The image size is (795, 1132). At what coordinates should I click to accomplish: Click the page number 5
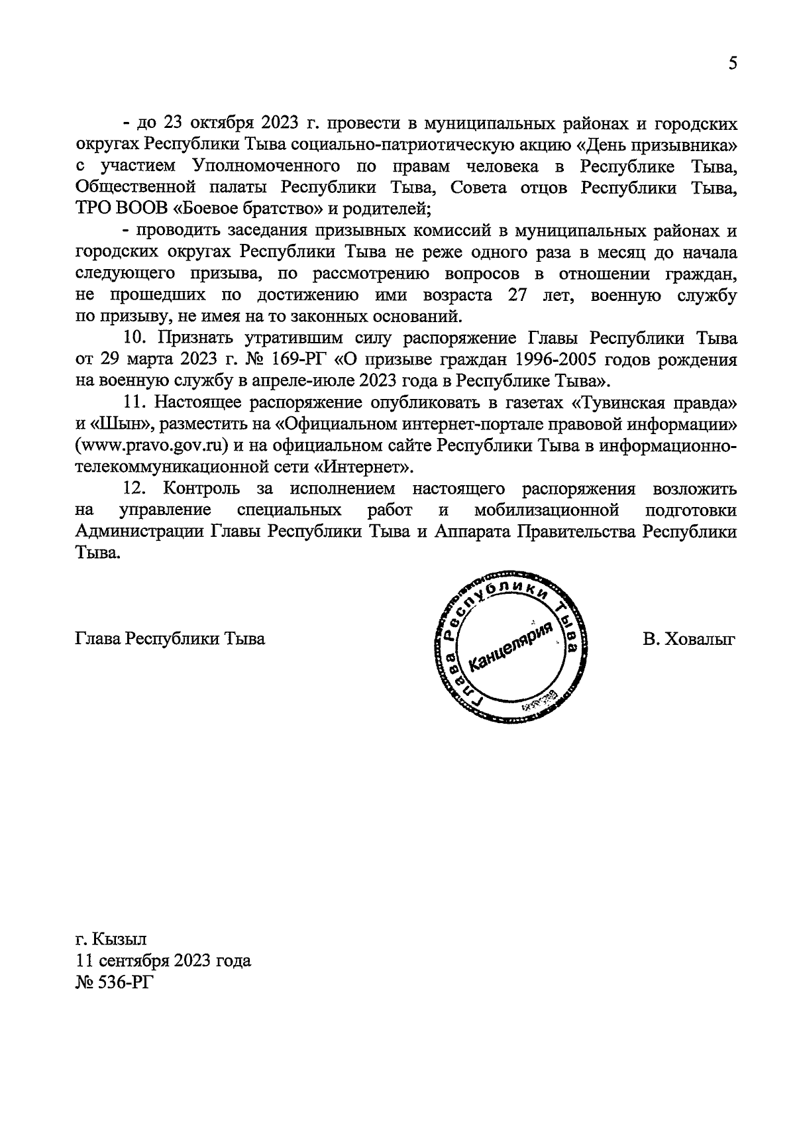(x=732, y=64)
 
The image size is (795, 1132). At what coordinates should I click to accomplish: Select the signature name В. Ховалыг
(x=689, y=639)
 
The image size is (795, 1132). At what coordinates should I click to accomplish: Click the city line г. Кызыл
(x=111, y=939)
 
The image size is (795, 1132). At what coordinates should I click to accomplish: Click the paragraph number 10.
(x=135, y=338)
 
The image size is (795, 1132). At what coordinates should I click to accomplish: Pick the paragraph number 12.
(x=135, y=489)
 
